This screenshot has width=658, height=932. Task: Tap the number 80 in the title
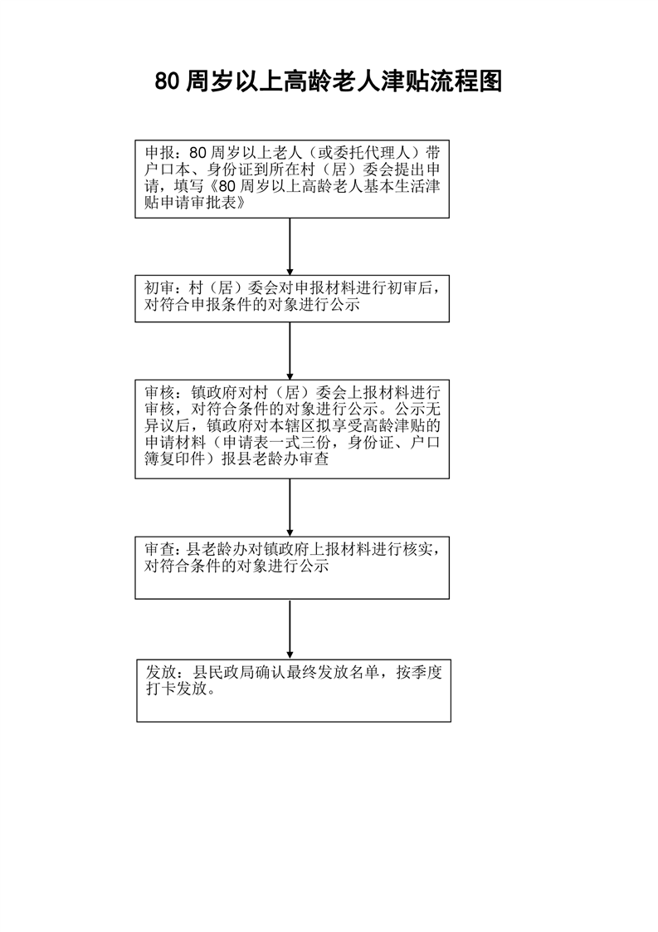(167, 82)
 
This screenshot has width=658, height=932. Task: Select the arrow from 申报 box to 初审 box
(290, 247)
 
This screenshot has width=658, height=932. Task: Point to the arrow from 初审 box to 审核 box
(290, 351)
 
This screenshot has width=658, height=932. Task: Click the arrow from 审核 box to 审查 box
(290, 508)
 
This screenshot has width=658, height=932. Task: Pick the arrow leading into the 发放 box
(290, 630)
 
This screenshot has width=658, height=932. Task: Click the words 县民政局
(225, 672)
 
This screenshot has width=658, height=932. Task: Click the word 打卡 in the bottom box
(162, 689)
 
